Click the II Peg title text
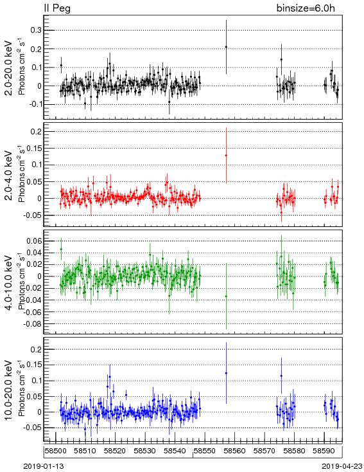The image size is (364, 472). click(x=57, y=8)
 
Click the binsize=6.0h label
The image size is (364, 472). click(x=306, y=8)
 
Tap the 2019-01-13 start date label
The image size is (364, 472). click(x=44, y=466)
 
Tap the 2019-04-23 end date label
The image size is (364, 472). click(x=342, y=466)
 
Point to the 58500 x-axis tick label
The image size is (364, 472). click(x=56, y=451)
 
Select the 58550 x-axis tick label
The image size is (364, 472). click(x=205, y=451)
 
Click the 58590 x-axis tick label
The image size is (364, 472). click(x=324, y=451)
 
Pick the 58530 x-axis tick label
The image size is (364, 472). click(x=145, y=451)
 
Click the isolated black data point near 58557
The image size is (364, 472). click(x=226, y=47)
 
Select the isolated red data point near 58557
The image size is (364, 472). click(x=226, y=156)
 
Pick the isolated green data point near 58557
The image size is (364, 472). click(x=226, y=296)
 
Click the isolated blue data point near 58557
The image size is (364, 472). click(x=226, y=373)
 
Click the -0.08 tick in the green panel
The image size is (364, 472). click(x=33, y=324)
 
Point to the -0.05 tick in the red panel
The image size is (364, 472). click(x=33, y=215)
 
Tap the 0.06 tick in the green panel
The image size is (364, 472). click(x=35, y=241)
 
